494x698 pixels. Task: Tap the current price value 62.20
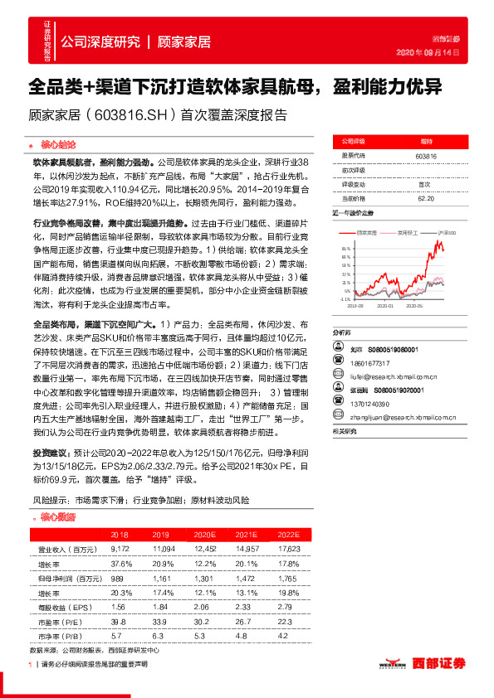(x=425, y=198)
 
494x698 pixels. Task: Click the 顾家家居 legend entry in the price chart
(x=368, y=234)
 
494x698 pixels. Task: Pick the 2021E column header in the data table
(x=244, y=536)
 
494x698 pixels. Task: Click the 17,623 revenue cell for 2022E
(x=287, y=550)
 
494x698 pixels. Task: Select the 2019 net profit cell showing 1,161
(x=161, y=577)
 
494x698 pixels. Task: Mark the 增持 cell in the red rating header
(x=425, y=142)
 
